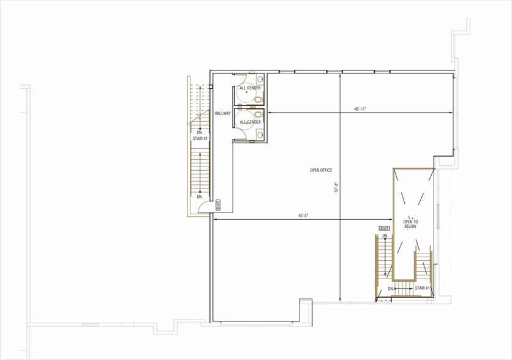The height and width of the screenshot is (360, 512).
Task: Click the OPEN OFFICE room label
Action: tap(321, 170)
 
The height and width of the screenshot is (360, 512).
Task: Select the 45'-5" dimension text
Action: tap(302, 216)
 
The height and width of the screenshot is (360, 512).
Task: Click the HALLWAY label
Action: tap(222, 113)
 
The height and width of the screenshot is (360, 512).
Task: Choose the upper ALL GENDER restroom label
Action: tap(250, 88)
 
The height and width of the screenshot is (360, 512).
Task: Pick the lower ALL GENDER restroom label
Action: tap(250, 122)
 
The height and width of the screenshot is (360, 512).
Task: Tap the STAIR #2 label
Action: tap(200, 139)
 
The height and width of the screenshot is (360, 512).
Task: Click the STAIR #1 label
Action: tap(422, 287)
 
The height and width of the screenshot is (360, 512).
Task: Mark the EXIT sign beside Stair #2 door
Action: tap(217, 205)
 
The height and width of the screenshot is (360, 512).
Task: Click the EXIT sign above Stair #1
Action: tap(385, 228)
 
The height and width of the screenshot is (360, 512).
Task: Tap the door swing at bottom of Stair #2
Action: tap(203, 208)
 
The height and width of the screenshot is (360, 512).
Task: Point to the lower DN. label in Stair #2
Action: tap(200, 197)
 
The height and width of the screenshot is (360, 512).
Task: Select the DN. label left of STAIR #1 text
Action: tap(390, 288)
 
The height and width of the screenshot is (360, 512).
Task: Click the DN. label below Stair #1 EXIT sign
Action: tap(385, 236)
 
